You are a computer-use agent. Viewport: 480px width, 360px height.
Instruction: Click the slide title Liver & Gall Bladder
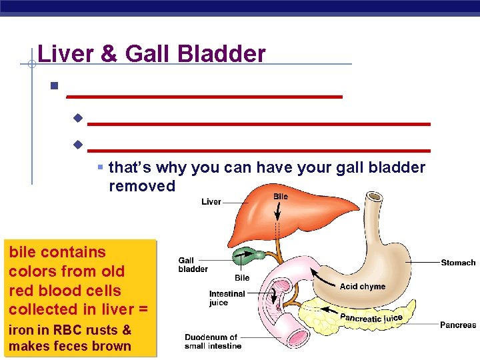pyautogui.click(x=151, y=53)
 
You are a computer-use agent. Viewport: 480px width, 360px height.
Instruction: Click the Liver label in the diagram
pyautogui.click(x=211, y=201)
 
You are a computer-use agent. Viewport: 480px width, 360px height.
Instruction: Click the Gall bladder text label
pyautogui.click(x=193, y=265)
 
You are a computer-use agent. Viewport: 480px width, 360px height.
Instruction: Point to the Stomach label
pyautogui.click(x=458, y=263)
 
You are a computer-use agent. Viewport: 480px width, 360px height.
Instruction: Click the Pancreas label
pyautogui.click(x=458, y=325)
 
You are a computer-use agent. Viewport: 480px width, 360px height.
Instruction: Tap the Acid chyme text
pyautogui.click(x=362, y=287)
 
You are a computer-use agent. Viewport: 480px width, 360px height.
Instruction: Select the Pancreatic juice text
pyautogui.click(x=372, y=318)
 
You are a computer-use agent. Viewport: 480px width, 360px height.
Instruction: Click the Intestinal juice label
pyautogui.click(x=227, y=298)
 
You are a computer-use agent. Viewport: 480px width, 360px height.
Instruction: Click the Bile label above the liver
pyautogui.click(x=281, y=197)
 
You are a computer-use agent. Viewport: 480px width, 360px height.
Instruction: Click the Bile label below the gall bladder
pyautogui.click(x=242, y=277)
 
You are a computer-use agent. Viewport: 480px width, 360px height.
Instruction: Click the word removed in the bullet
pyautogui.click(x=142, y=186)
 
